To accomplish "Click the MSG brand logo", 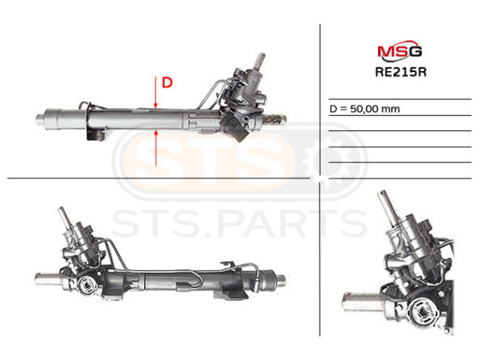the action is click(399, 51).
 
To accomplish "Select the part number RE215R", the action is click(401, 72).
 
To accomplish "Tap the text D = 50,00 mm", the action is click(364, 109).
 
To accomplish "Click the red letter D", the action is click(167, 82).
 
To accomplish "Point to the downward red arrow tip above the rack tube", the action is click(155, 107).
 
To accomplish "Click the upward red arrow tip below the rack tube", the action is click(155, 130).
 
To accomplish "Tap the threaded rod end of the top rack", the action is click(275, 119).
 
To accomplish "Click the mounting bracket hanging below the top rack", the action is click(95, 134).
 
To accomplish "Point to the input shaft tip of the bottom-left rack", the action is click(61, 210).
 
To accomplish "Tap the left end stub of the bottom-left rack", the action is click(46, 279).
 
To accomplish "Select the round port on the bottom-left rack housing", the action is click(87, 285).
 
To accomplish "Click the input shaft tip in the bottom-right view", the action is click(382, 195).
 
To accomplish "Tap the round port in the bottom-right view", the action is click(424, 312).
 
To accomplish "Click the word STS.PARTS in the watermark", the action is click(240, 223).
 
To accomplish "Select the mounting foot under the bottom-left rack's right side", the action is click(231, 293).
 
